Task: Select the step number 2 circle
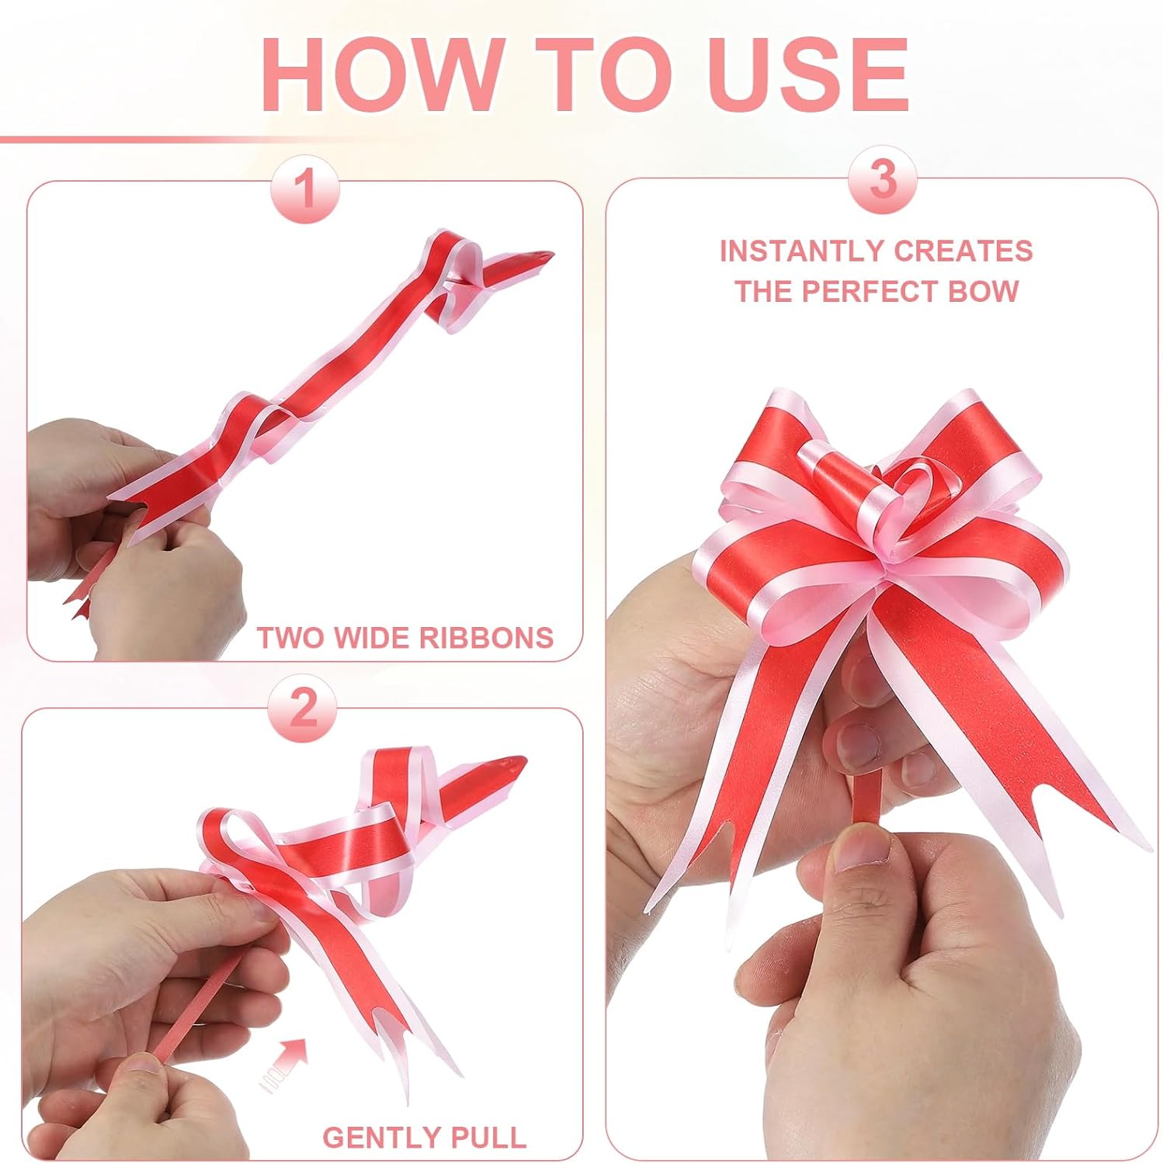303,708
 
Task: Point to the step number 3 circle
883,180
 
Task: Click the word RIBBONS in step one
486,638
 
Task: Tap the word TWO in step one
292,638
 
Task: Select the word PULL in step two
490,1138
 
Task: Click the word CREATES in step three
963,251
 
